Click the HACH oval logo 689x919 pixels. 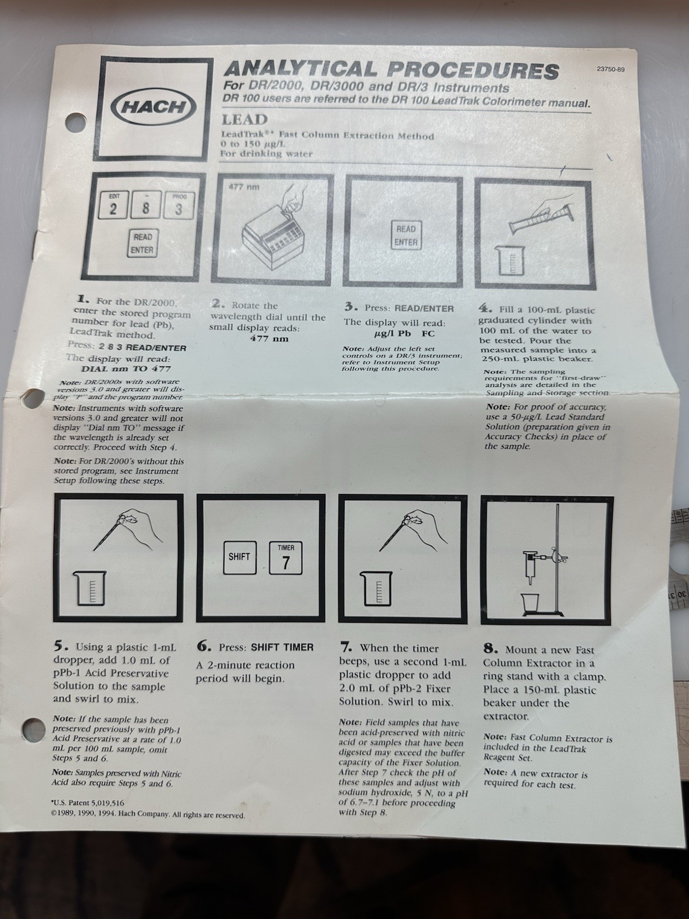click(153, 107)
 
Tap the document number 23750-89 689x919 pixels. click(611, 69)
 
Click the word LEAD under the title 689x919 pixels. click(245, 119)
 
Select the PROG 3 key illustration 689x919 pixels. click(178, 205)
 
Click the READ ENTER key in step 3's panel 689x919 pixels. click(406, 235)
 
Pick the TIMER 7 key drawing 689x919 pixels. click(286, 558)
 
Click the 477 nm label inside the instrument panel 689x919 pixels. click(244, 187)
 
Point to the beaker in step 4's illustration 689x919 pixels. click(510, 260)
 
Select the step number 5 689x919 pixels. click(59, 646)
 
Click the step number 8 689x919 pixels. click(489, 650)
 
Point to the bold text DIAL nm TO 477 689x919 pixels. click(126, 369)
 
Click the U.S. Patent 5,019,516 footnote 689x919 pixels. click(87, 802)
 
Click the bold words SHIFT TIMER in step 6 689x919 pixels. click(282, 647)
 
